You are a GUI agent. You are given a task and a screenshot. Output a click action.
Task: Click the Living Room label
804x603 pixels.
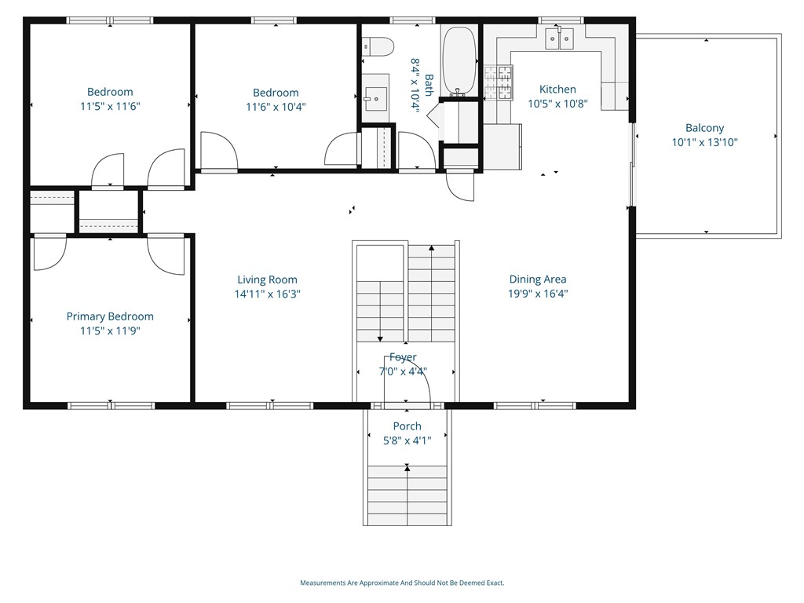267,280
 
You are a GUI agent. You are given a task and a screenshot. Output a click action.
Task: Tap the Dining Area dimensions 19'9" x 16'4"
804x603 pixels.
538,294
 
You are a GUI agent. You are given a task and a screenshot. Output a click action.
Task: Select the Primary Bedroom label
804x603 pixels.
110,317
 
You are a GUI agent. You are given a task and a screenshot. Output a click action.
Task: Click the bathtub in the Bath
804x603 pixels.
459,61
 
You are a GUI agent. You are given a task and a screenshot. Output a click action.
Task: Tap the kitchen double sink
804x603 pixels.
559,38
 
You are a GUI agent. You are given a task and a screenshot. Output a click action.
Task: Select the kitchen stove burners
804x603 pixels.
499,82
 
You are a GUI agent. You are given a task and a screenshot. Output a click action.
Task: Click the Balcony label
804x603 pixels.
705,128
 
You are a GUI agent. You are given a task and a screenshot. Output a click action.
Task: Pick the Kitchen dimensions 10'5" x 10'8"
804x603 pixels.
558,104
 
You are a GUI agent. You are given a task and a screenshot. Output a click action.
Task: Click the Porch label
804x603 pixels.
407,426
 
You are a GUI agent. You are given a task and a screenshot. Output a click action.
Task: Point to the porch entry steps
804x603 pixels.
407,495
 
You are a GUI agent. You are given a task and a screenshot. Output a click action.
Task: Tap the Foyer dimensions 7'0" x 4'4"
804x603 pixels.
403,371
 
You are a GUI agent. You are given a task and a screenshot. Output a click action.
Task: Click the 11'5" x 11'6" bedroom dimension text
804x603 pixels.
110,107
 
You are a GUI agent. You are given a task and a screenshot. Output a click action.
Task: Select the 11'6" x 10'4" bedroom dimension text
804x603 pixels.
276,107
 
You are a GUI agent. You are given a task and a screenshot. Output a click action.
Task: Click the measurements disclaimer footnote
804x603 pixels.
402,583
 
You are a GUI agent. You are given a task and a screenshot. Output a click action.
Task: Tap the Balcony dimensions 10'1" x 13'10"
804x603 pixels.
705,143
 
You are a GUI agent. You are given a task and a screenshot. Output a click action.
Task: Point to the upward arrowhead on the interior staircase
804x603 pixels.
432,248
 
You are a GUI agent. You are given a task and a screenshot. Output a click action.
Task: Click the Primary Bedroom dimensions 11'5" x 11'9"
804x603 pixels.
110,331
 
